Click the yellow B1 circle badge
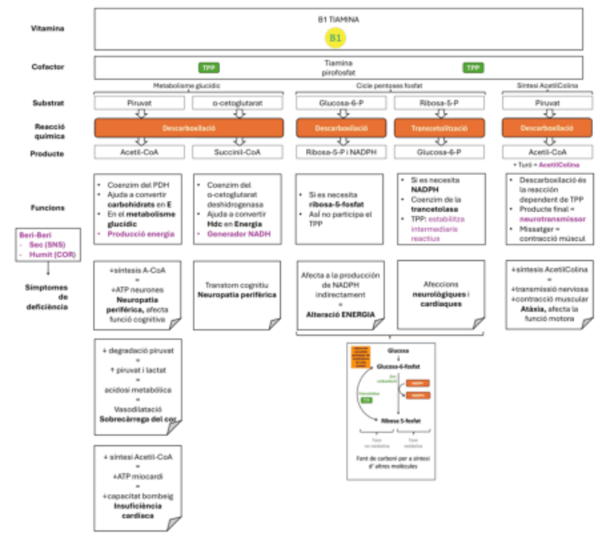(x=337, y=36)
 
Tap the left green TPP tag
(x=209, y=68)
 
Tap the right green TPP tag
(x=472, y=68)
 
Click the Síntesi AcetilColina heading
(x=549, y=85)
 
